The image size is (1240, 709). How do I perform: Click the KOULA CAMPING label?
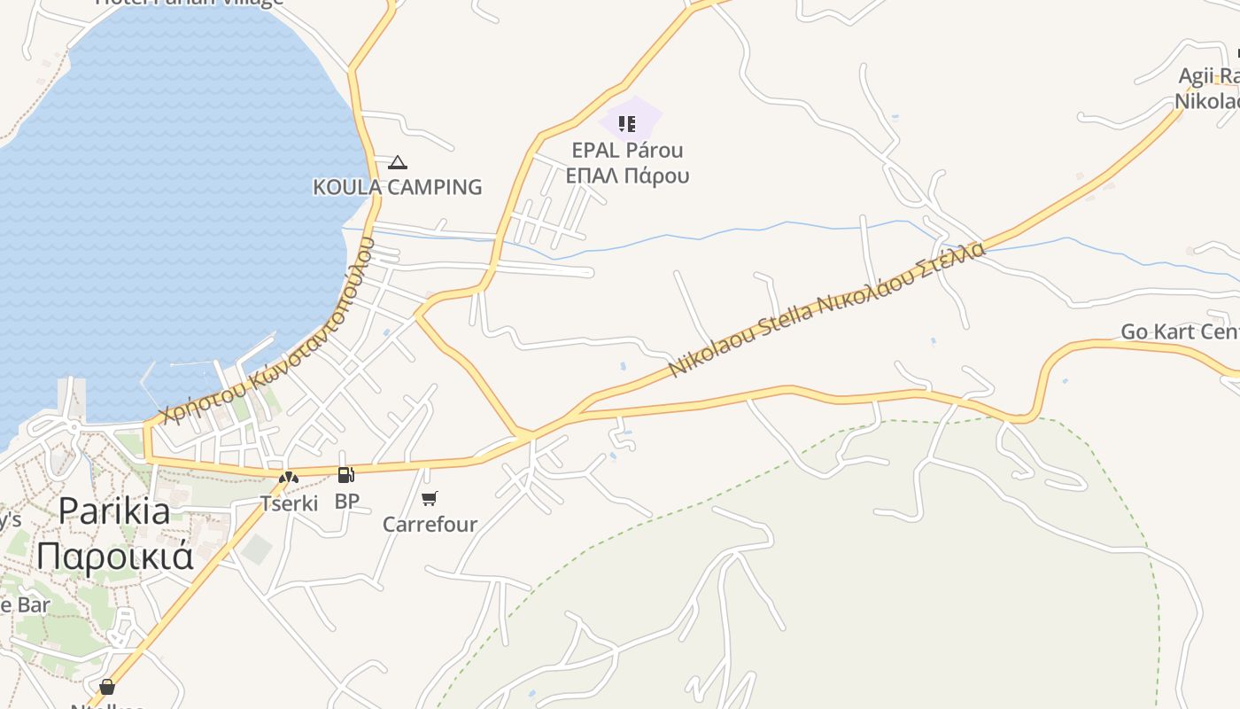coord(398,187)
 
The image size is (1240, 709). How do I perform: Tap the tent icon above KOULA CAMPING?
coord(398,162)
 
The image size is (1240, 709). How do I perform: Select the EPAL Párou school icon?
coord(627,124)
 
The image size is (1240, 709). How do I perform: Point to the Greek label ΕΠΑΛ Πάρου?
coord(627,175)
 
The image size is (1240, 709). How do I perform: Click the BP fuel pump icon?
coord(345,475)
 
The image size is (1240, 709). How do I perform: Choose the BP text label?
coord(347,502)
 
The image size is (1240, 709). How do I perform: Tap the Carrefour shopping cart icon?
coord(430,498)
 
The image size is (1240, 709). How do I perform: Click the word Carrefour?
coord(430,525)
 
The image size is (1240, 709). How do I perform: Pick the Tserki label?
coord(289,504)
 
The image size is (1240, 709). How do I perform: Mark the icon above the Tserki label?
coord(289,478)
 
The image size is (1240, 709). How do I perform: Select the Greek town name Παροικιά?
coord(115,556)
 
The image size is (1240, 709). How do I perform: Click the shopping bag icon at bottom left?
coord(107,687)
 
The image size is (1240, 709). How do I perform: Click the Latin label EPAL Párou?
coord(627,150)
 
